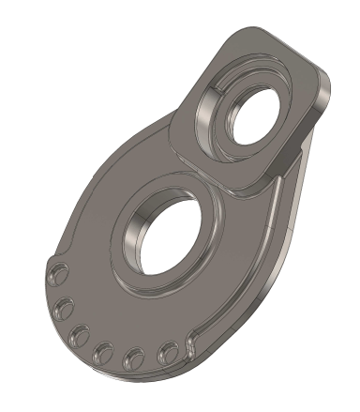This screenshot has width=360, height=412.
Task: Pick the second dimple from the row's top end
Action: tap(66, 307)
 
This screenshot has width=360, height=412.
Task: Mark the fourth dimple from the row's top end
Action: tap(101, 351)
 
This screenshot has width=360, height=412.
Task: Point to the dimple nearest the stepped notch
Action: tap(169, 352)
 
